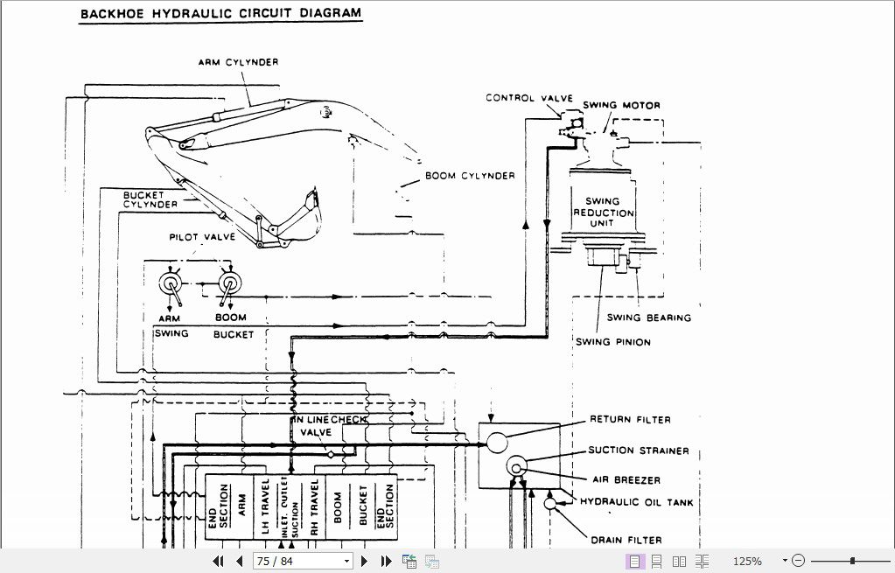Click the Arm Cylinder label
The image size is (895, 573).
click(238, 62)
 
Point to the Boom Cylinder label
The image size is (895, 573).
click(470, 176)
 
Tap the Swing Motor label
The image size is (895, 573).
click(621, 105)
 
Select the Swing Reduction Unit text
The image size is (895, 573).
click(603, 212)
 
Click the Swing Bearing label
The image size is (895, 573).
click(648, 318)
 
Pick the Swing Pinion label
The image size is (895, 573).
click(612, 342)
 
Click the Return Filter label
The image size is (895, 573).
click(630, 419)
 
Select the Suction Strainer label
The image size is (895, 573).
click(639, 451)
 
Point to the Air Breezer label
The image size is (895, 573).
click(625, 480)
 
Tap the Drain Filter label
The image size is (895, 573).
click(626, 540)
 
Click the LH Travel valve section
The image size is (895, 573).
click(265, 507)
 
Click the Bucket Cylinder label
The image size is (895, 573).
click(150, 199)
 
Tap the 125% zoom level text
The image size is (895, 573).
click(747, 561)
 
